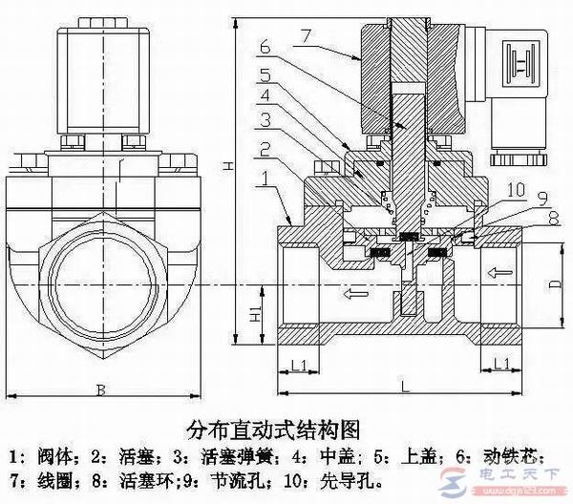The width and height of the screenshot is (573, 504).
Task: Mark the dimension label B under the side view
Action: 102,388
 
